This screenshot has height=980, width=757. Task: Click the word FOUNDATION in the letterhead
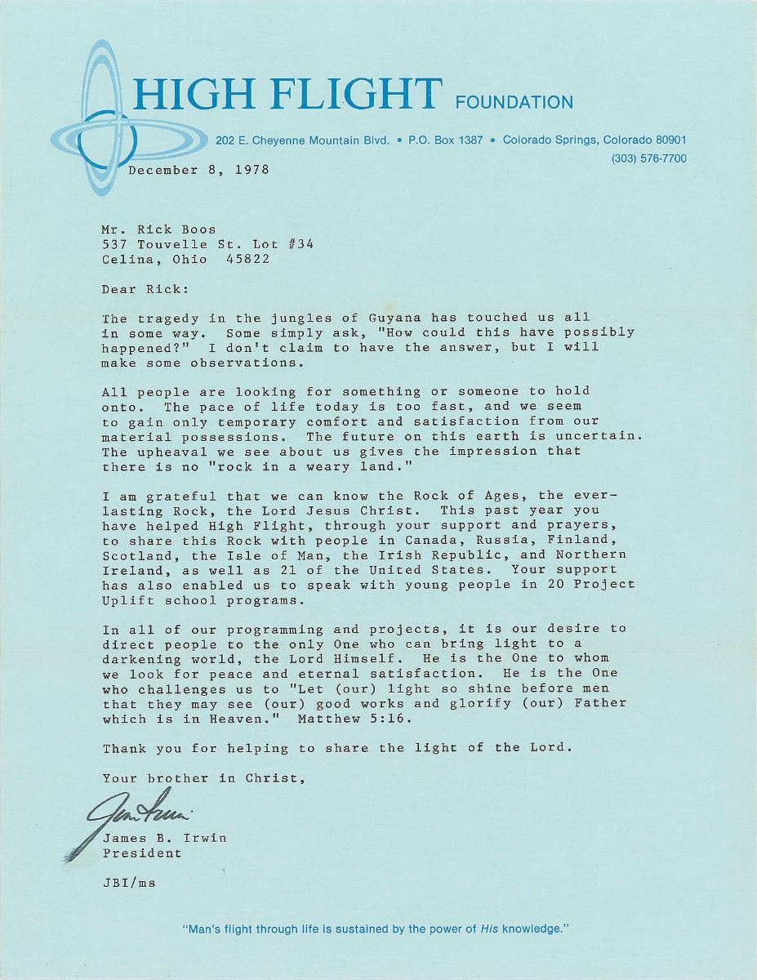coord(514,103)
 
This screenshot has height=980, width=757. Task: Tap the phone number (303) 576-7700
coord(648,158)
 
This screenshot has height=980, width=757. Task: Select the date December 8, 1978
coord(198,170)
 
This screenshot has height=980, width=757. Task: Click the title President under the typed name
coord(142,853)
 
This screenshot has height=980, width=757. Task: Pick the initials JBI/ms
coord(129,883)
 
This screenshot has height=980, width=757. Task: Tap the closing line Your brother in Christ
coord(204,777)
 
